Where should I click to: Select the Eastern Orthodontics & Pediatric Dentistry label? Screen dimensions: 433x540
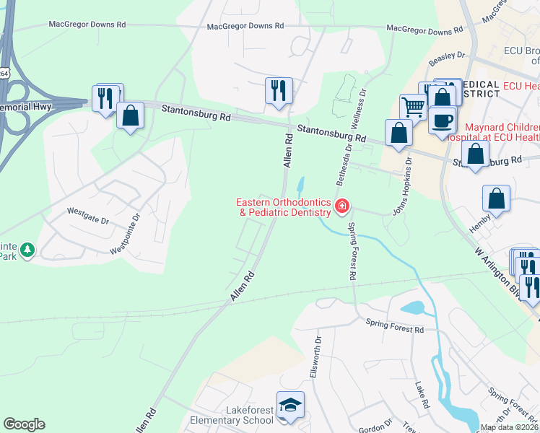tap(285, 207)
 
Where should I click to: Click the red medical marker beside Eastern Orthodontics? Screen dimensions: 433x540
tap(341, 208)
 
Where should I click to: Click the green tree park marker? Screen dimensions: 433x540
tap(27, 250)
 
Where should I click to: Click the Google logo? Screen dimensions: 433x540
tap(24, 424)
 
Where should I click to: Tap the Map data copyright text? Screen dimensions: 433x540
tap(509, 427)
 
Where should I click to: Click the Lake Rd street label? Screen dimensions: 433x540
tap(422, 394)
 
